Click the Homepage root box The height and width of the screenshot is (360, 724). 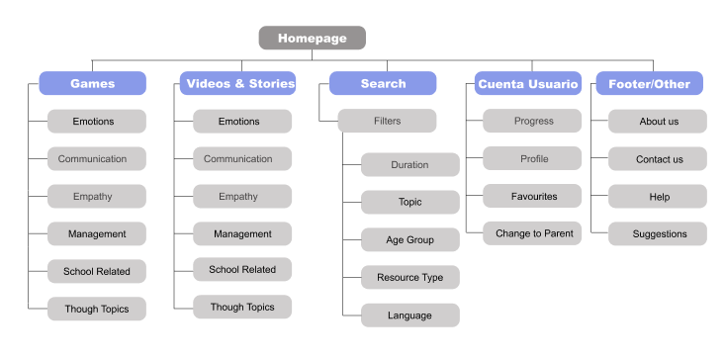tap(312, 39)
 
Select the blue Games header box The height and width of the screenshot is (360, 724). tap(93, 84)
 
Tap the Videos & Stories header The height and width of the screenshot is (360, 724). tap(240, 84)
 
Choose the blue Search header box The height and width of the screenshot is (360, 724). tap(383, 84)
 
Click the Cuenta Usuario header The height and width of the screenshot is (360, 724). tap(527, 84)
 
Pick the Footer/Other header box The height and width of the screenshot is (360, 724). tap(649, 84)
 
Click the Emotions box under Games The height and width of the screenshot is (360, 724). tap(97, 122)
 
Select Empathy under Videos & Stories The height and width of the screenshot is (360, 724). tap(241, 197)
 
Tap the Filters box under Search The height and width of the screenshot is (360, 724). tap(387, 122)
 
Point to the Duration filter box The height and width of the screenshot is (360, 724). tap(409, 165)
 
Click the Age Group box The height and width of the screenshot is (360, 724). tap(409, 240)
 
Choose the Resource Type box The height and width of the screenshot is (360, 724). tap(409, 278)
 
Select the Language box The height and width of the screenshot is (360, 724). tap(409, 315)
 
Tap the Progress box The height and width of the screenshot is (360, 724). tap(532, 122)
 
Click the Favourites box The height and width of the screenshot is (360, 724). tap(532, 197)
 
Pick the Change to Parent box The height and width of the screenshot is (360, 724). tap(532, 234)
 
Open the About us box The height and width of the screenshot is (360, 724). tap(658, 122)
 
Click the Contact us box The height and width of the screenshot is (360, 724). tap(658, 159)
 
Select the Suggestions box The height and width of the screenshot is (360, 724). tap(658, 234)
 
